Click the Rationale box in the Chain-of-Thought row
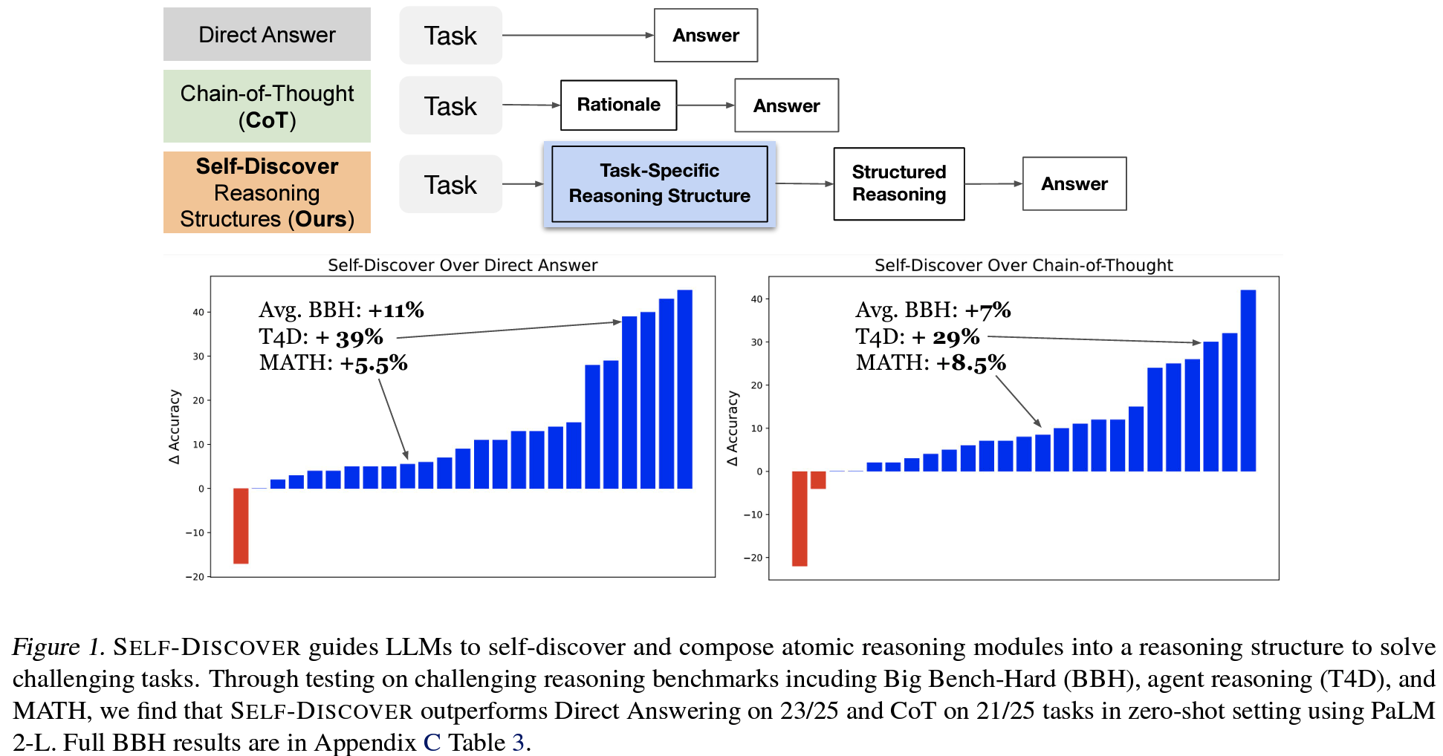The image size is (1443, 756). coord(618,105)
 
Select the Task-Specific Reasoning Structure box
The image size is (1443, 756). coord(659,183)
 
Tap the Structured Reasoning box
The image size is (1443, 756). coord(898,183)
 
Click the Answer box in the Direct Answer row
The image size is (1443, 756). coord(705,35)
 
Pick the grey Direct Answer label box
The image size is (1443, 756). coord(267,34)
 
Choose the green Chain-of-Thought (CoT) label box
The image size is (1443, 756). coord(267,106)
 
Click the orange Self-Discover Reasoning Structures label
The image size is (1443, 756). coord(267,192)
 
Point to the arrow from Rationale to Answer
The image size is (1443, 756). coord(705,105)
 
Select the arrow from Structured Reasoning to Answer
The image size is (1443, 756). coord(993,183)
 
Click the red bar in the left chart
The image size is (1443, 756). coord(241,525)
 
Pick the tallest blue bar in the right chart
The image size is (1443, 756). coord(1248,380)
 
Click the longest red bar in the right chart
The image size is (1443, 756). coord(800,518)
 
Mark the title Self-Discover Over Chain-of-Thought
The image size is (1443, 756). coord(1023,265)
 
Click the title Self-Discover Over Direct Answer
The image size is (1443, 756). coord(462,265)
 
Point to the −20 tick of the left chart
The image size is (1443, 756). coord(195,576)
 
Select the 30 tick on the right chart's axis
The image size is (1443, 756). coord(756,342)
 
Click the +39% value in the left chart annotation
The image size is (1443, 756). coord(349,337)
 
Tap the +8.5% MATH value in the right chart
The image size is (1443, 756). coord(970,363)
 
